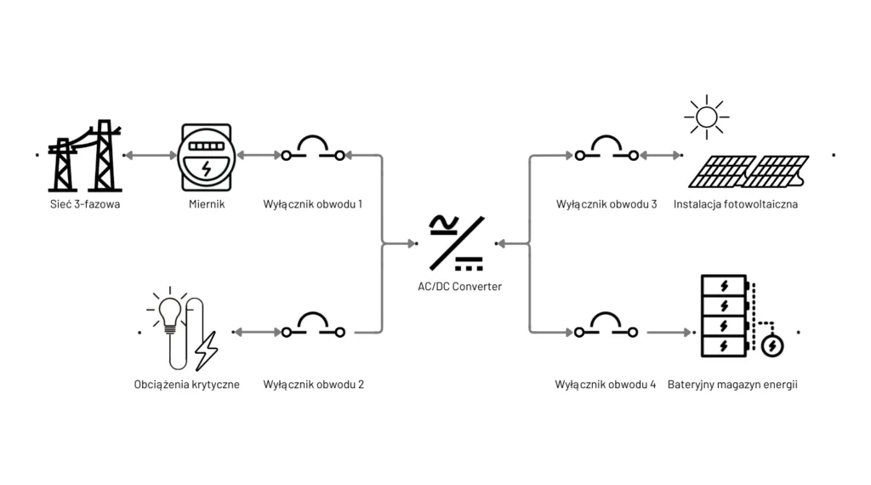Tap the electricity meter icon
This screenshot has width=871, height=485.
coord(204,157)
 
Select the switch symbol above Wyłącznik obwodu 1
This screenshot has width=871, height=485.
coord(313,150)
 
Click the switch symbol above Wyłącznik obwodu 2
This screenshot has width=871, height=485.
coord(313,327)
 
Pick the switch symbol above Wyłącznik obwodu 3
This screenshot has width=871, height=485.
coord(606,150)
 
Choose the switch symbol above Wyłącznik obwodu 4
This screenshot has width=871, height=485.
coord(606,327)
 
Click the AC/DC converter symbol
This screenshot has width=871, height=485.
coord(458,243)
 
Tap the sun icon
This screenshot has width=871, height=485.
coord(706,116)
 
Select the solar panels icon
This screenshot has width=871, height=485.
coord(749,171)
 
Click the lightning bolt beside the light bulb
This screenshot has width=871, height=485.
coord(207,350)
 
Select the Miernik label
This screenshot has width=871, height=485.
coord(206,204)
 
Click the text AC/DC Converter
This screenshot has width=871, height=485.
coord(459,287)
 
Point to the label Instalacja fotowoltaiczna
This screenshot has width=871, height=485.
coord(736,204)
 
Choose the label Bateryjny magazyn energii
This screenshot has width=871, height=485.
coord(732,385)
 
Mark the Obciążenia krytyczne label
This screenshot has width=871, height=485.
coord(186,385)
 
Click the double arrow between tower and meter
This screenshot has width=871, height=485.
coord(150,156)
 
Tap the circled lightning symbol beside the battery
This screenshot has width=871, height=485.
coord(773,345)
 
